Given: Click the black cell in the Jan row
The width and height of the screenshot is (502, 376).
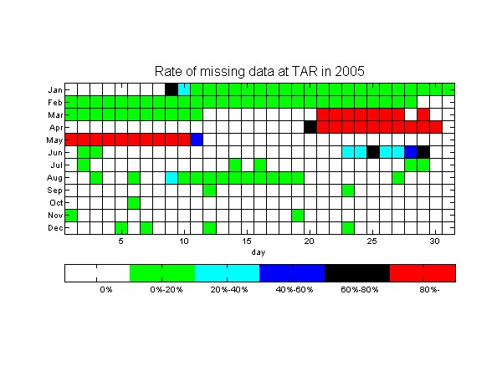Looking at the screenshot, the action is pos(172,89).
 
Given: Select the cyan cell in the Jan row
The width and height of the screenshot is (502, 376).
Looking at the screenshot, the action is pos(184,89).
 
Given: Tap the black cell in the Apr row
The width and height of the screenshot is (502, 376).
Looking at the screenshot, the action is pos(310,127).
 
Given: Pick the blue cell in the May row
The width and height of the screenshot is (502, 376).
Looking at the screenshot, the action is pos(197,140).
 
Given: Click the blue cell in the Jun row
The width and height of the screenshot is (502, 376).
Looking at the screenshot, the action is pos(411,152).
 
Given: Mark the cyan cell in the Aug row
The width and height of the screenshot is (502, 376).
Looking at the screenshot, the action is pos(172,177).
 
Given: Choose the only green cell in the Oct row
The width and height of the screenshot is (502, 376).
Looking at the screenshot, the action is pos(134,203).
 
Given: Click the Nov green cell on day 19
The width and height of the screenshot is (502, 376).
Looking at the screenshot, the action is pos(297,216).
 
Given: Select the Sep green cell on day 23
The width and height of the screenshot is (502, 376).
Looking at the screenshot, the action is pos(348,191).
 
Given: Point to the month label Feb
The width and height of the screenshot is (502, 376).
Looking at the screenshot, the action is pos(54,102).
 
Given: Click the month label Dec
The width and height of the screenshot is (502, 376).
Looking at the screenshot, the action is pos(55,228).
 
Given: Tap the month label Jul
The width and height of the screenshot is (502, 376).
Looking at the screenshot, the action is pos(57,165).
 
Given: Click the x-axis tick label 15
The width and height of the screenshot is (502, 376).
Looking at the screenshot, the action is pos(247,241).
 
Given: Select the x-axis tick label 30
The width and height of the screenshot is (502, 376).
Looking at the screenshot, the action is pos(435,241).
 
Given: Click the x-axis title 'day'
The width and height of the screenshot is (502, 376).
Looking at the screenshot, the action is pos(259,252).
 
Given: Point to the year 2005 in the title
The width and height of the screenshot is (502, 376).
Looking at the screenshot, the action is pos(350,71).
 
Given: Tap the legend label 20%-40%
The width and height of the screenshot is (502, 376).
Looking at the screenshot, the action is pos(229,290).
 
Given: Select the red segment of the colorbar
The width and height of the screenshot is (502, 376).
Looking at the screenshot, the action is pos(423,273).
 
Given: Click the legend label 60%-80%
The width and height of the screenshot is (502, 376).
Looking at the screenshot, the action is pos(360,290).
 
